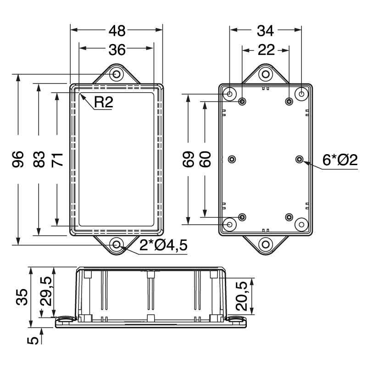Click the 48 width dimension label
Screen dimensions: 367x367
(x=117, y=31)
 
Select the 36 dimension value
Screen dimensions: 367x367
(x=117, y=50)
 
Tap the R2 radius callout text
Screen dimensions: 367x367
(x=103, y=103)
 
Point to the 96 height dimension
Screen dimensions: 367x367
(x=18, y=160)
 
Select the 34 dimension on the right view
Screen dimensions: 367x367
(x=265, y=31)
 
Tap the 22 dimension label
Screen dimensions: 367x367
(x=265, y=50)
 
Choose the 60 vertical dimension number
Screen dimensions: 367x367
(x=205, y=160)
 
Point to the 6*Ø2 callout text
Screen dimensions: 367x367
(x=340, y=160)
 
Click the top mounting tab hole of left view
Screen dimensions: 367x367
(x=117, y=74)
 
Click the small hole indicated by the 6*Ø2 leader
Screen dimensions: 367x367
(x=299, y=159)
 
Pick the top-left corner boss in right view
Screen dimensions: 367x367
(x=230, y=94)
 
